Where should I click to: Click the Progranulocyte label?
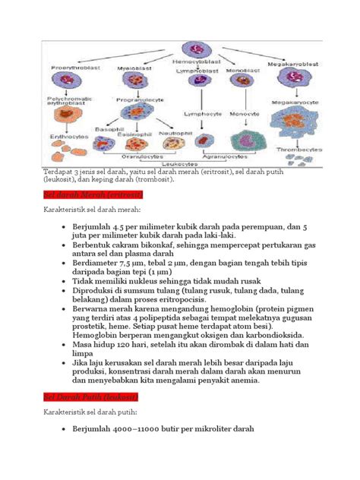point(137,99)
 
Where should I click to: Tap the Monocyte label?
point(245,114)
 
